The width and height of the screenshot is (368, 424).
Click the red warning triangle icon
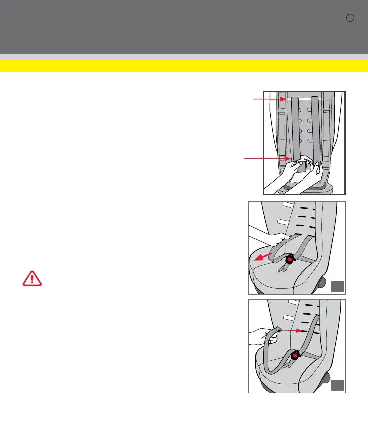click(32, 278)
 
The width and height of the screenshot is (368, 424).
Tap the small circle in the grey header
click(350, 18)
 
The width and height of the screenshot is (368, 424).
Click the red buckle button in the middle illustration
click(290, 259)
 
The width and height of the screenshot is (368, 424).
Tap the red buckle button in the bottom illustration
click(295, 355)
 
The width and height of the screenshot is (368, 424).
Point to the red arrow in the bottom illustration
click(292, 330)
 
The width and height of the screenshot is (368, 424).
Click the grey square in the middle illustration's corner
click(337, 286)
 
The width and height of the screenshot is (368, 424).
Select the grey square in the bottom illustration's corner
click(337, 385)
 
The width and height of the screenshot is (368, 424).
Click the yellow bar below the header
click(184, 65)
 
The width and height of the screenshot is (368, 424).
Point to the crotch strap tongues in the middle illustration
click(283, 269)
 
